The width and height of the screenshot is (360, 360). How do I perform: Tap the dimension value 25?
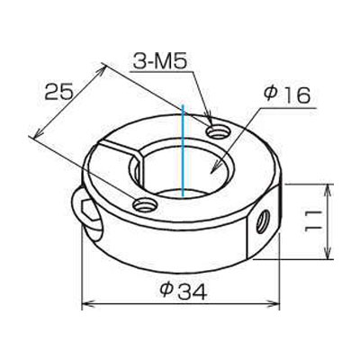tap(58, 91)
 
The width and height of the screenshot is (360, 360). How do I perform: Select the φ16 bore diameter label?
tap(286, 95)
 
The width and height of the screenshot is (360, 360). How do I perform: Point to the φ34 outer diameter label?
tap(183, 291)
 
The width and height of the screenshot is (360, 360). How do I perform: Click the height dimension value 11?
tap(313, 220)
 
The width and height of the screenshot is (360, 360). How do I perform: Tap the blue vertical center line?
tap(183, 151)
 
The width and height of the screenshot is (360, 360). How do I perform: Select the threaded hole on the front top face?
tap(145, 205)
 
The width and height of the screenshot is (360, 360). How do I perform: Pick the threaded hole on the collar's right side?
tap(264, 221)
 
